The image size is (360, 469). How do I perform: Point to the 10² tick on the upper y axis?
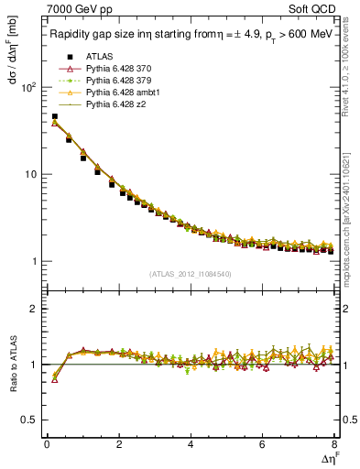click(x=28, y=87)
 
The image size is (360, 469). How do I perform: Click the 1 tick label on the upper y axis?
click(x=35, y=262)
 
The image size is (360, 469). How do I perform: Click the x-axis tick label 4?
click(x=191, y=444)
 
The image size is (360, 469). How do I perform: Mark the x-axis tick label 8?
click(x=334, y=444)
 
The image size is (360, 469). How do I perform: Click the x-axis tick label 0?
click(x=47, y=444)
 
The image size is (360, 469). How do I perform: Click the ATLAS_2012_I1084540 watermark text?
click(x=191, y=274)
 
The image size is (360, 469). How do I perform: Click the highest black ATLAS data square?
click(x=54, y=117)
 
